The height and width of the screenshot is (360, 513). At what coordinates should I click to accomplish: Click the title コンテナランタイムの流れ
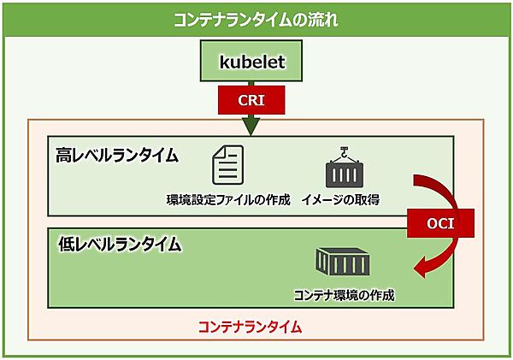tap(256, 20)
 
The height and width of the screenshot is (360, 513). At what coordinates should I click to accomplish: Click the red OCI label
tap(440, 225)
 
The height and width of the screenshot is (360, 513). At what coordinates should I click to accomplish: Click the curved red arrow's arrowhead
tap(421, 271)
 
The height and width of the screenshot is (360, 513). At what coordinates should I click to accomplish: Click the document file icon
tap(227, 164)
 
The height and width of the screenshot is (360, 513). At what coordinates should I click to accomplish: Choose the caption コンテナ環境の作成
tap(344, 295)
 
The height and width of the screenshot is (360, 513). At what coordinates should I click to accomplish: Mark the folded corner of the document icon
tap(237, 151)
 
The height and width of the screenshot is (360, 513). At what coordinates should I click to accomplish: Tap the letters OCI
tap(440, 225)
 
